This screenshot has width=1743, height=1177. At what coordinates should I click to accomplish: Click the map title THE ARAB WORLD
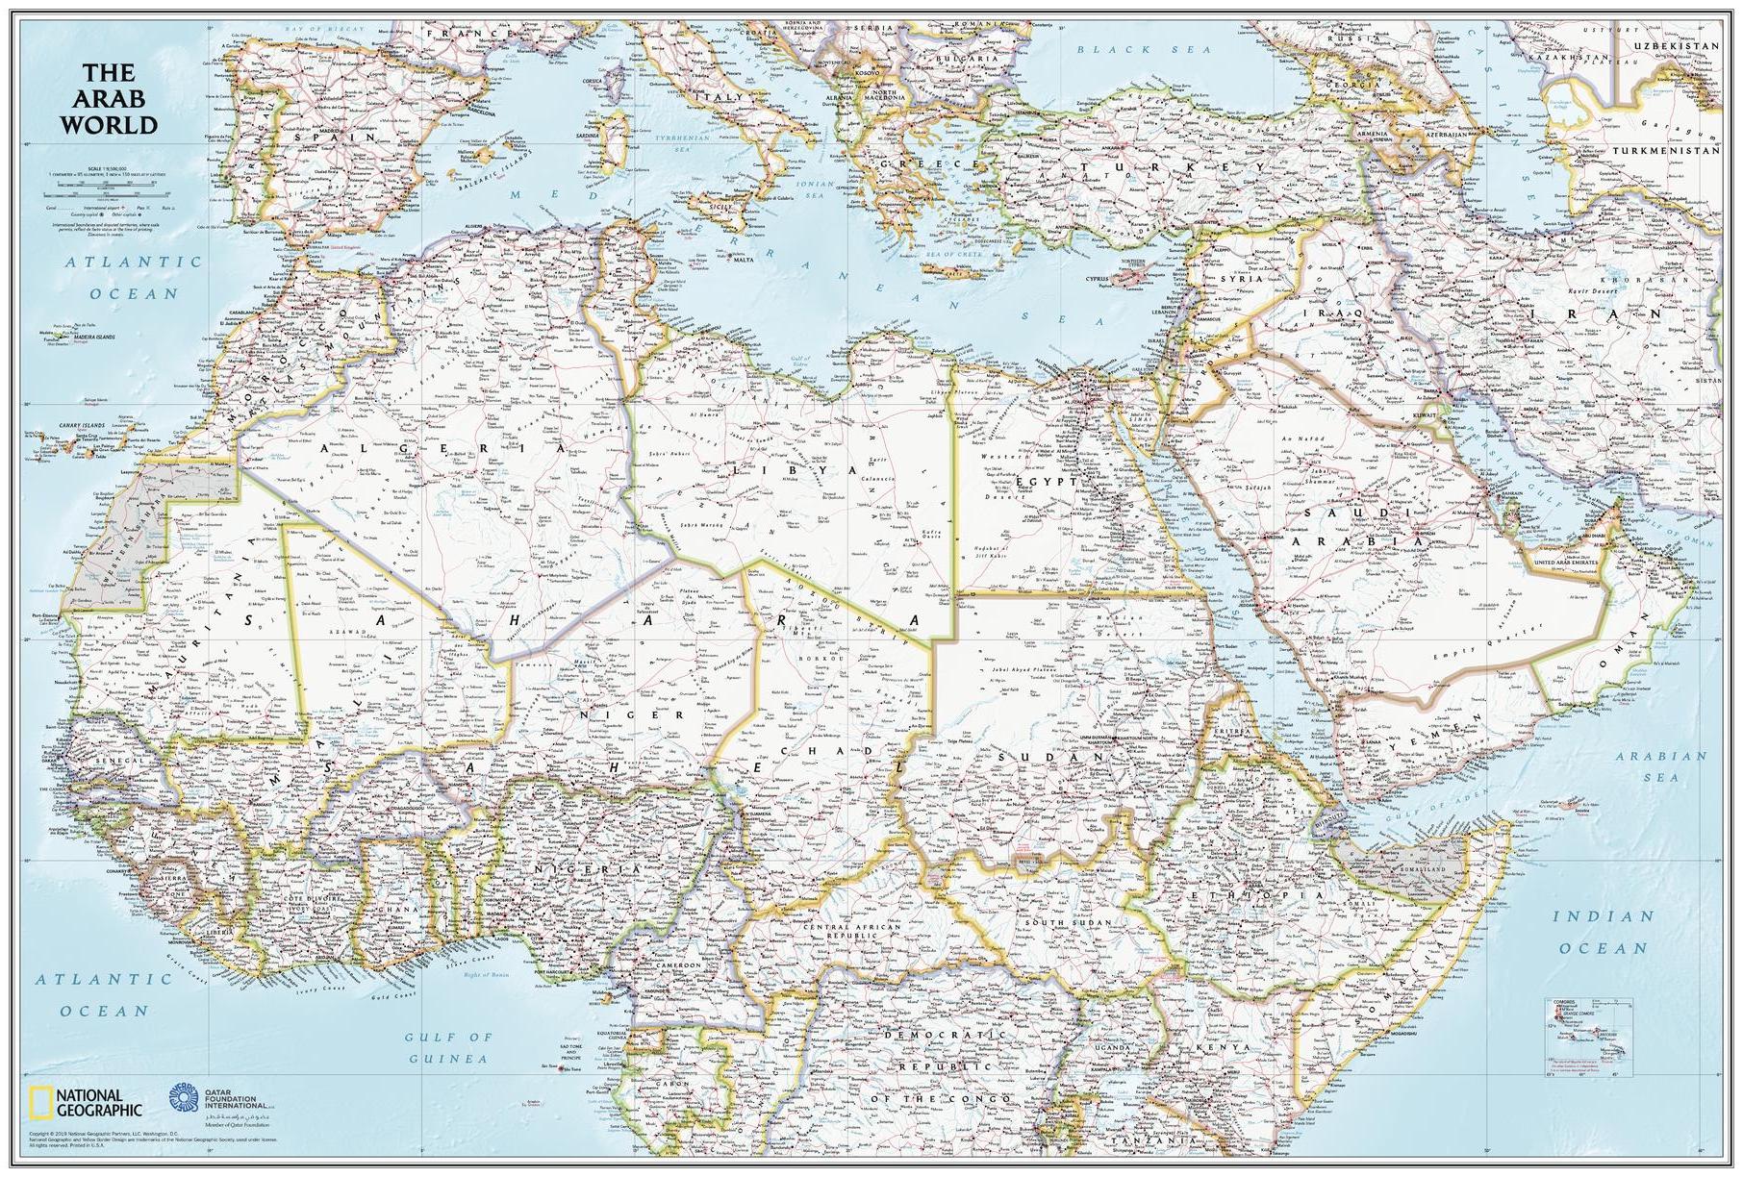(x=106, y=99)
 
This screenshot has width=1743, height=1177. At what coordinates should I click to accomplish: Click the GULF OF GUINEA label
(x=448, y=1047)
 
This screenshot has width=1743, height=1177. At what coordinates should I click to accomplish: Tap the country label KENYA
(x=1224, y=1047)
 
